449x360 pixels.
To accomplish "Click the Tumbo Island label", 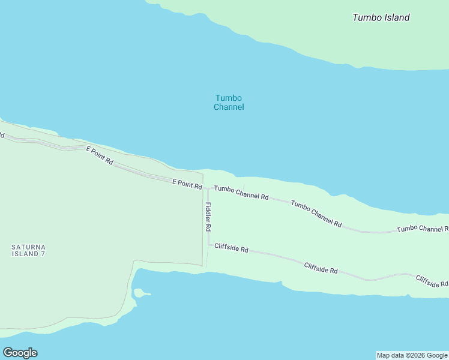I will [x=381, y=17].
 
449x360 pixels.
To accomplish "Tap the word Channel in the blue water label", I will [x=229, y=107].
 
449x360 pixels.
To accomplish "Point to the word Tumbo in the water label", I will [x=229, y=98].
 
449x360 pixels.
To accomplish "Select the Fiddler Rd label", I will [x=208, y=217].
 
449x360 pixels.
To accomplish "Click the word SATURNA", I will [x=28, y=247].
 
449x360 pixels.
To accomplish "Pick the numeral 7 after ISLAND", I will [x=43, y=254].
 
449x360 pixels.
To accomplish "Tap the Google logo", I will [x=20, y=353].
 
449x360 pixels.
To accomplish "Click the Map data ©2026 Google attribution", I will [x=412, y=355].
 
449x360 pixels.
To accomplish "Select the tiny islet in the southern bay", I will [x=139, y=293].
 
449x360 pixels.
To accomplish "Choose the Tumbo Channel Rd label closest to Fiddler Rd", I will [x=241, y=192].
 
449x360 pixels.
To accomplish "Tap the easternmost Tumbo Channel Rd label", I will [x=423, y=229].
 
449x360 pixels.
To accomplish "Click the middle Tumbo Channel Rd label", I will [x=316, y=214].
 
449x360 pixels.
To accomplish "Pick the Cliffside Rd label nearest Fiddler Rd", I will [x=231, y=248].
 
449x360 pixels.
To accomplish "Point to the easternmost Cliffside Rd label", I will [x=432, y=281].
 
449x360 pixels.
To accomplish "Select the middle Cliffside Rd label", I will [x=321, y=268].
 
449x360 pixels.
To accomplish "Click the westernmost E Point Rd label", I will [x=100, y=155].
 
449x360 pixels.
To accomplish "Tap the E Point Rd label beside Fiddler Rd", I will [x=187, y=184].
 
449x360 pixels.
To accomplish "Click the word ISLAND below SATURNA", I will [x=25, y=254].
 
